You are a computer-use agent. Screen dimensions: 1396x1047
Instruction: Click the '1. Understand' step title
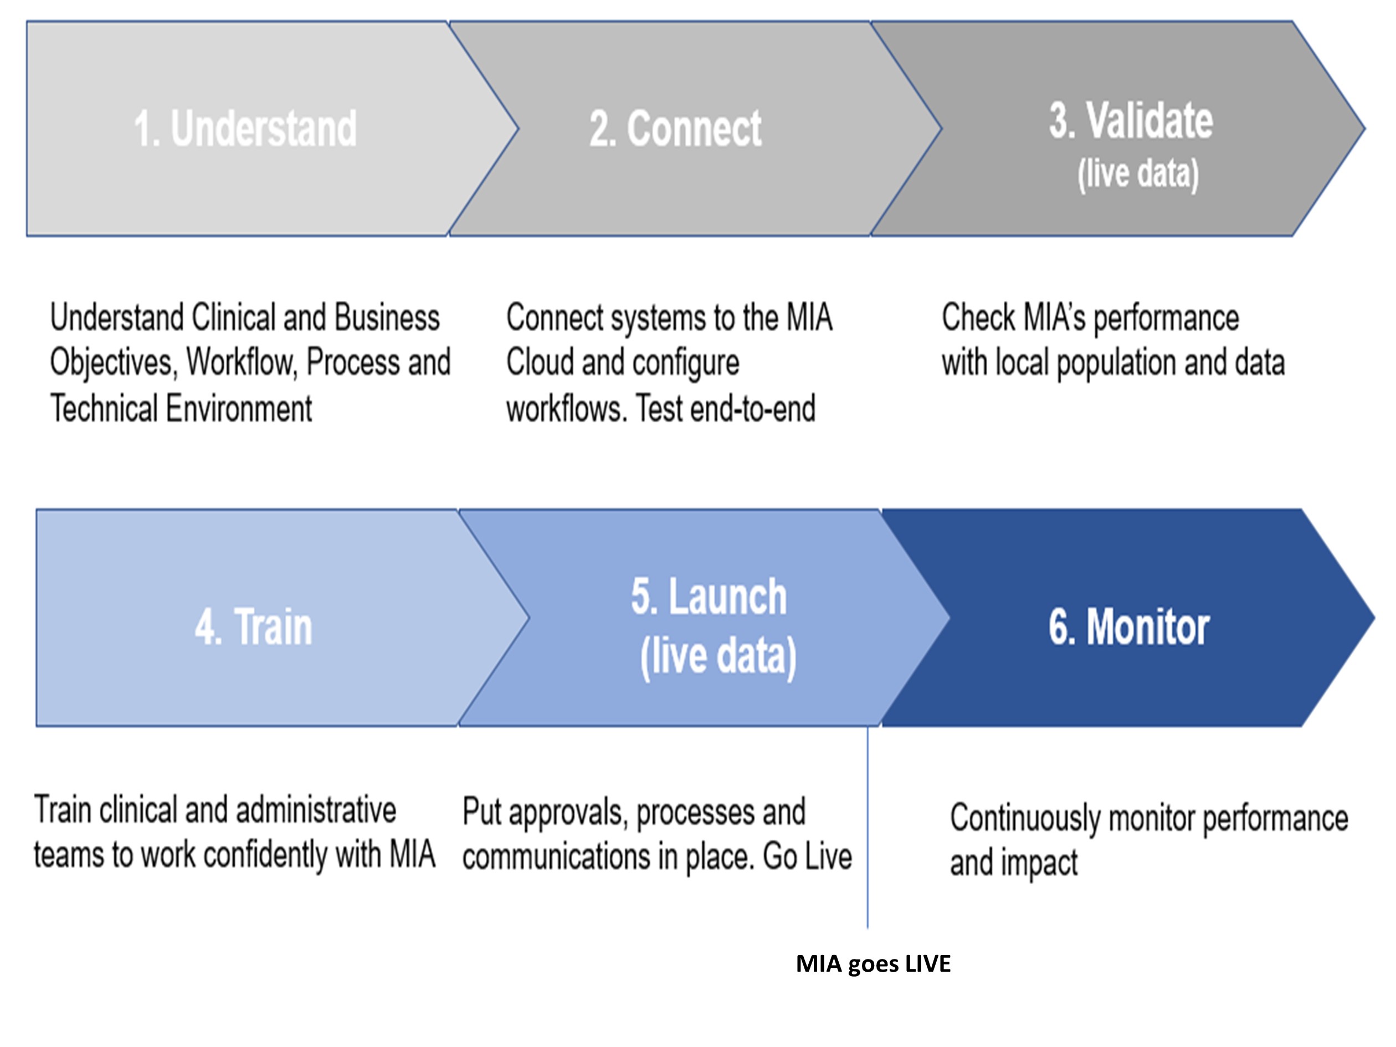coord(245,128)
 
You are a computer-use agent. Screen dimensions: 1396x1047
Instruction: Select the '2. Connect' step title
coord(675,128)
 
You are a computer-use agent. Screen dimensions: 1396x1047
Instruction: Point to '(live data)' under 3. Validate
coord(1138,173)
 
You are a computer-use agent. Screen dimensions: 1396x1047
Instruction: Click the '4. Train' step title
coord(254,627)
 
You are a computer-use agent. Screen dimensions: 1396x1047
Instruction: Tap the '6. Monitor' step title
coord(1129,627)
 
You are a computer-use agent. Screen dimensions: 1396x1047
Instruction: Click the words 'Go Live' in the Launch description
coord(807,856)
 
